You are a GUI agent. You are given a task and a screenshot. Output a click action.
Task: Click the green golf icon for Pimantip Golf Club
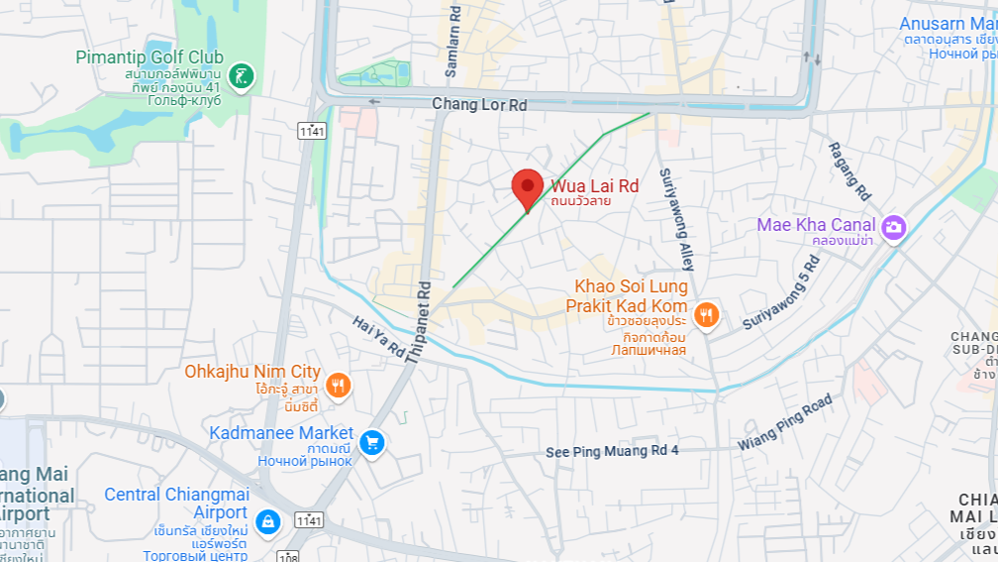(241, 74)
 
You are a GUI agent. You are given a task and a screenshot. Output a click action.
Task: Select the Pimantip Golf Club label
(150, 57)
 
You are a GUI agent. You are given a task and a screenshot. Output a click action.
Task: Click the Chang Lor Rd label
(479, 104)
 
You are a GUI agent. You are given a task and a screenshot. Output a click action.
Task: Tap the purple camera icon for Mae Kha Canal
(894, 226)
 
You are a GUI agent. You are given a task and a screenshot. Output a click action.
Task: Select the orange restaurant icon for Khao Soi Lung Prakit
(706, 315)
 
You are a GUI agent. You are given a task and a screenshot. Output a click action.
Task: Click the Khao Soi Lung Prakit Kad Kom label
(627, 296)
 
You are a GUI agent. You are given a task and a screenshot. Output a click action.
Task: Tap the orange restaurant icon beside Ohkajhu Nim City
(339, 385)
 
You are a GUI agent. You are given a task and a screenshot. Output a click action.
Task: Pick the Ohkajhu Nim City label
(252, 372)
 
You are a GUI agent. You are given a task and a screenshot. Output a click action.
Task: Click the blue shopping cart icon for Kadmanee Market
(371, 442)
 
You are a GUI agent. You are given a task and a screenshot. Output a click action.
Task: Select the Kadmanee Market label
(281, 433)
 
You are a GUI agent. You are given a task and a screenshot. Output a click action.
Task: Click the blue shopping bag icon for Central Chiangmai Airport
(267, 521)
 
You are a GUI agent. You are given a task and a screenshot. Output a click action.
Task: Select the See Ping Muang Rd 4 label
(612, 452)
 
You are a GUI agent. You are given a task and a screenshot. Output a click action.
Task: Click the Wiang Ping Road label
(785, 422)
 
